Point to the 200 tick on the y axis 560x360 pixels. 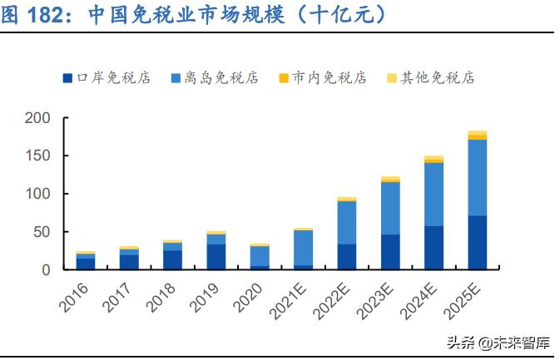[x=38, y=118]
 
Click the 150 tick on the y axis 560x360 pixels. [x=38, y=156]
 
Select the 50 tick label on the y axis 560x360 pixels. [x=42, y=232]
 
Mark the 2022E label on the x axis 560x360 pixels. [x=334, y=298]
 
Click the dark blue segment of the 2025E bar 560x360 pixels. [x=478, y=242]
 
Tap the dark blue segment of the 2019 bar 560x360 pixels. [x=216, y=256]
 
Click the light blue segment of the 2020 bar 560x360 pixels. [x=260, y=255]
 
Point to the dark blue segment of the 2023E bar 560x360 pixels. [x=390, y=252]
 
